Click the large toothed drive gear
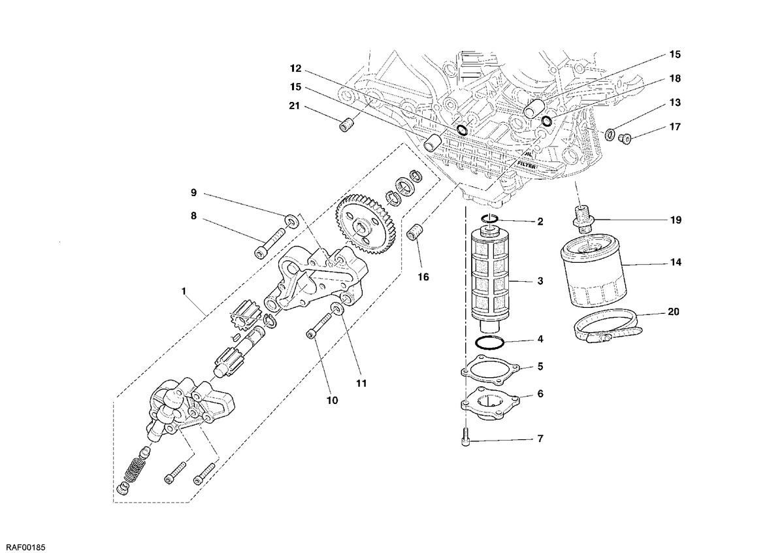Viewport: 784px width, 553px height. click(365, 225)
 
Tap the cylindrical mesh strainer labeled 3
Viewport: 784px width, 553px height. click(489, 278)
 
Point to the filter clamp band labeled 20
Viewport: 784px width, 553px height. click(608, 326)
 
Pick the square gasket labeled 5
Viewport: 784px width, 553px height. click(491, 370)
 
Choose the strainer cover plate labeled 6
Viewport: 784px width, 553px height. click(489, 407)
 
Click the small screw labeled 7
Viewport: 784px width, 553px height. click(466, 437)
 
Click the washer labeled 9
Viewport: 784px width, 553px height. click(291, 221)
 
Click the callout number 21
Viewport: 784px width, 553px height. click(295, 106)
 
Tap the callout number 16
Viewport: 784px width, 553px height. click(423, 277)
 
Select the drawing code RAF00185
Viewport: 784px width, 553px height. click(24, 547)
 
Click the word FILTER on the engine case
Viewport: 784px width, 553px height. click(526, 164)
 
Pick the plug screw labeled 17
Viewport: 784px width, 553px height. click(625, 139)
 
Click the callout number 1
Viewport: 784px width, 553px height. click(184, 291)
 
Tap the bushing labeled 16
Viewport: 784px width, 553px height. click(415, 232)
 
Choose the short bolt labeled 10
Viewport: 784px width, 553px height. click(319, 326)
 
